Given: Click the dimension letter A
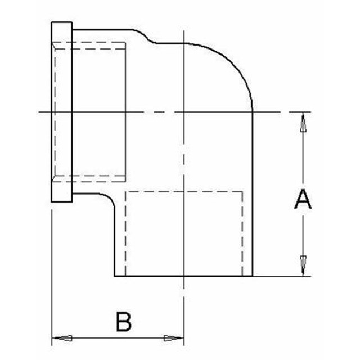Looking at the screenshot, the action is pos(303,199).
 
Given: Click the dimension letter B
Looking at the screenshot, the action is pos(124,321).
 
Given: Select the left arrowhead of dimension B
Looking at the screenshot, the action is pos(62,338).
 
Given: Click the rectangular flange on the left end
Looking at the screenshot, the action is pos(62,112).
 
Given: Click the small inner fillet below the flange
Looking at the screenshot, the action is pos(109,198).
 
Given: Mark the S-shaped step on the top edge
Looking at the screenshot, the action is pos(145,37).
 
